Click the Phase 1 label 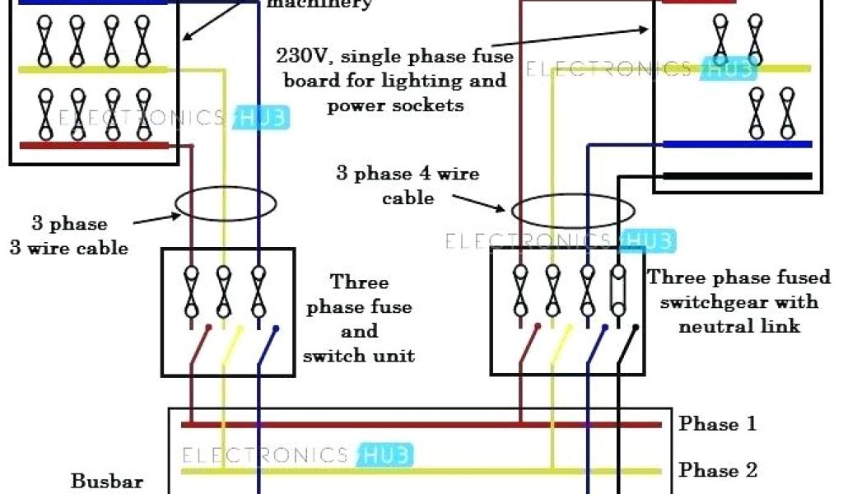(717, 424)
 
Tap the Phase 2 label (717, 470)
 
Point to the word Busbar (107, 481)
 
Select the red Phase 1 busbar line (421, 425)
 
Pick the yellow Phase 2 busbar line (421, 471)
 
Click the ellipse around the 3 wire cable (223, 203)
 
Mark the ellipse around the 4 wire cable (563, 211)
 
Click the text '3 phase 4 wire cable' (407, 185)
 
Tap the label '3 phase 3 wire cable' (69, 235)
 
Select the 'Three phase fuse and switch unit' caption (359, 319)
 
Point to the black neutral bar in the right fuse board (738, 175)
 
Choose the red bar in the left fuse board (95, 146)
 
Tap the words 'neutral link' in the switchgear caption (738, 326)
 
